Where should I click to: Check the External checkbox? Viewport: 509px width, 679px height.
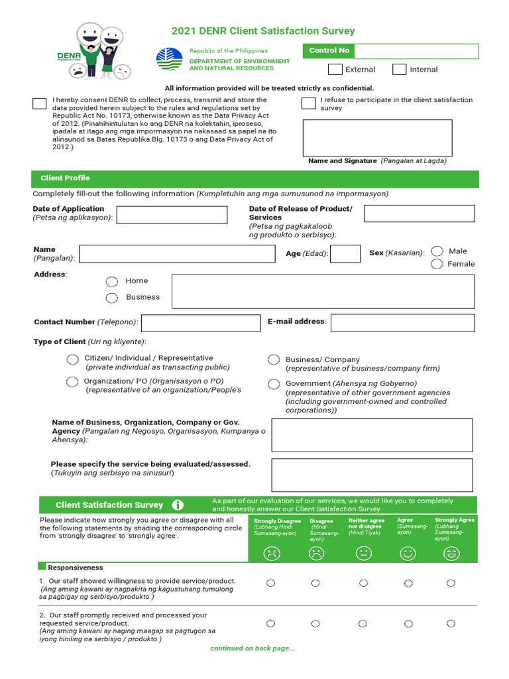pos(335,70)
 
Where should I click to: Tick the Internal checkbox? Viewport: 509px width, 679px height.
pos(399,70)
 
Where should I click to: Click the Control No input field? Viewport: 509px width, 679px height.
pos(416,51)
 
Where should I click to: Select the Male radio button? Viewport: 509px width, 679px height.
pos(437,251)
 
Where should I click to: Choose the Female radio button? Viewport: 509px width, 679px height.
pos(437,264)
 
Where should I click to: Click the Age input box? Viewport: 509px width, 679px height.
pos(345,253)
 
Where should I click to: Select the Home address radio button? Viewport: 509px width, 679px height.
pos(112,282)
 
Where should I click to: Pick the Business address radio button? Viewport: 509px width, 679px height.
pos(112,298)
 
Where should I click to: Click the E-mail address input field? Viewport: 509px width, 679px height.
pos(402,323)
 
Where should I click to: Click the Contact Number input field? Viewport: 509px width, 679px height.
pos(201,323)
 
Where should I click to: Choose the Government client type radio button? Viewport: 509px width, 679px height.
pos(273,385)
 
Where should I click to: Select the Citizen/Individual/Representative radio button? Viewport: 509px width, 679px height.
pos(72,359)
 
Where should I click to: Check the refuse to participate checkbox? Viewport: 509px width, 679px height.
pos(308,103)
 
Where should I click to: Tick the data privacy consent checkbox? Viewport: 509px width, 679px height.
pos(39,103)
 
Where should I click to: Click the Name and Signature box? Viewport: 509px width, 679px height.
pos(377,137)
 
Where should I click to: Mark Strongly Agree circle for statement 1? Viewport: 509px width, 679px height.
pos(451,583)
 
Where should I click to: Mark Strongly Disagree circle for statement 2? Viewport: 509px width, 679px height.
pos(270,623)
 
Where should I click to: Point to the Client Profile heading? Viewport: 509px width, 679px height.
pos(65,178)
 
